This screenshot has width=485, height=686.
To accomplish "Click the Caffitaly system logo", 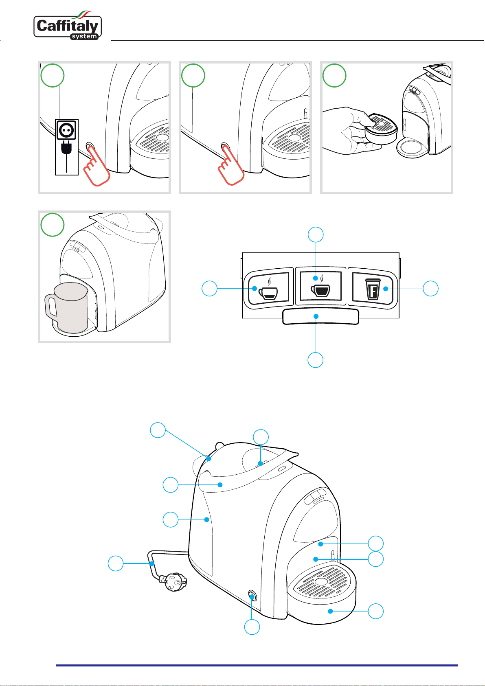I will click(68, 27).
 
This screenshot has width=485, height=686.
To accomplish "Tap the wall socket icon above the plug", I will click(66, 130).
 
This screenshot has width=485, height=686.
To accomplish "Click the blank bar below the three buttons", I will click(320, 316).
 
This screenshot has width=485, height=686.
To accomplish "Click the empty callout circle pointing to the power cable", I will click(116, 563).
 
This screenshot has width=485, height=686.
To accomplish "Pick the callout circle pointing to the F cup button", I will click(431, 289).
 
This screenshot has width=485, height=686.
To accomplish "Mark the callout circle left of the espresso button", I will click(210, 289).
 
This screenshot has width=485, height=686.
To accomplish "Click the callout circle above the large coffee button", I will click(316, 235).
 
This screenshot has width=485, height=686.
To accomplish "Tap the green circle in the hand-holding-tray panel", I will click(334, 75).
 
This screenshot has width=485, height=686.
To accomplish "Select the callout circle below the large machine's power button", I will click(252, 627).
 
